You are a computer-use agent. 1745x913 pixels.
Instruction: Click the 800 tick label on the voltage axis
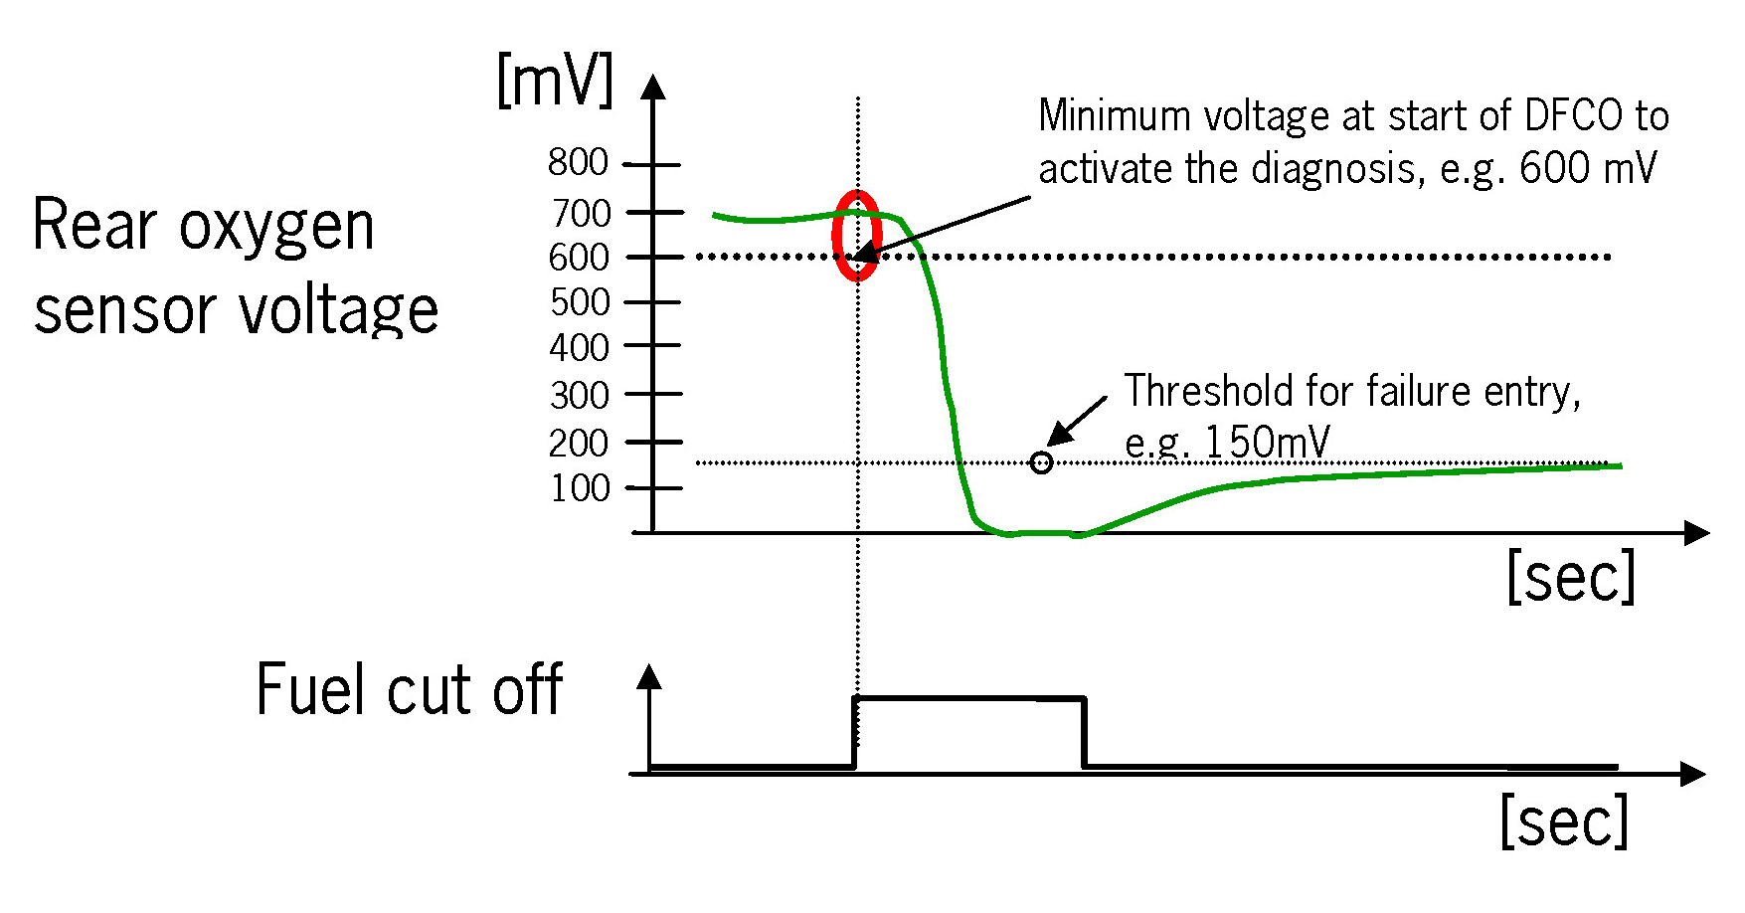(578, 162)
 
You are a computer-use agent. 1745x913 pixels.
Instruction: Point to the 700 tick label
(582, 213)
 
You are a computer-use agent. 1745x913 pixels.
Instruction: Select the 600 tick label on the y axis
(579, 258)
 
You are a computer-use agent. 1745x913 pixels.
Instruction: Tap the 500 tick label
(580, 302)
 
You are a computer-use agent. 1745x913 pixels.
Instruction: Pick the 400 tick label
(579, 348)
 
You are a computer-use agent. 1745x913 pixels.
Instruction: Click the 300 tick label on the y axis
(580, 396)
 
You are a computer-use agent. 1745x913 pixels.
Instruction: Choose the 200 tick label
(579, 444)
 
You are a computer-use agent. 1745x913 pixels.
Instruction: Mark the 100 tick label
(581, 488)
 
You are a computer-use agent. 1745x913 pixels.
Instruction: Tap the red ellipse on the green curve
(856, 236)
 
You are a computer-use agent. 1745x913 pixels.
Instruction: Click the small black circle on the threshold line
(1041, 462)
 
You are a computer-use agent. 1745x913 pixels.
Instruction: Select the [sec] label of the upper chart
(1571, 577)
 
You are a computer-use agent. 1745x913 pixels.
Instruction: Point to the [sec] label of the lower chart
(1564, 822)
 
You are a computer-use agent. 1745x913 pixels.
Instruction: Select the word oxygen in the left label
(276, 228)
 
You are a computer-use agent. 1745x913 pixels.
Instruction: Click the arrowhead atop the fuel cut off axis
(649, 677)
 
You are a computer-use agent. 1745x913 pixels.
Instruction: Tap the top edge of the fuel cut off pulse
(969, 699)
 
